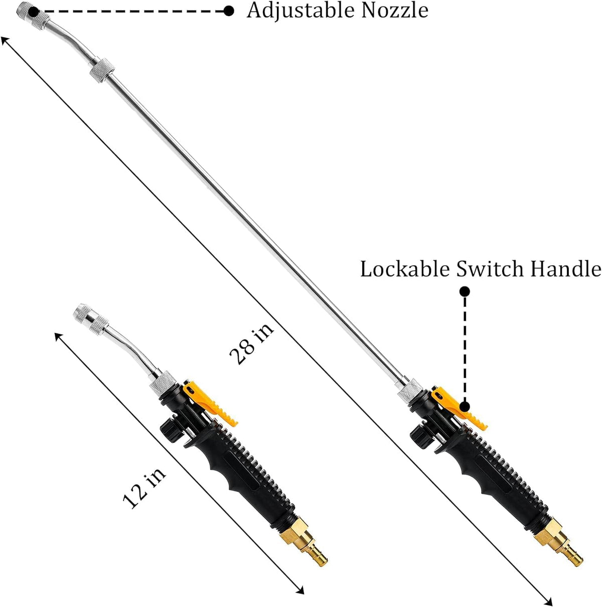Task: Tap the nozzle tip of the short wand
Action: click(x=82, y=311)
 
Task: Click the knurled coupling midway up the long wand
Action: click(x=102, y=70)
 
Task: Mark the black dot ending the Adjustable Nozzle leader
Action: click(x=229, y=12)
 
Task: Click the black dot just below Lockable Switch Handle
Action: click(x=465, y=292)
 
